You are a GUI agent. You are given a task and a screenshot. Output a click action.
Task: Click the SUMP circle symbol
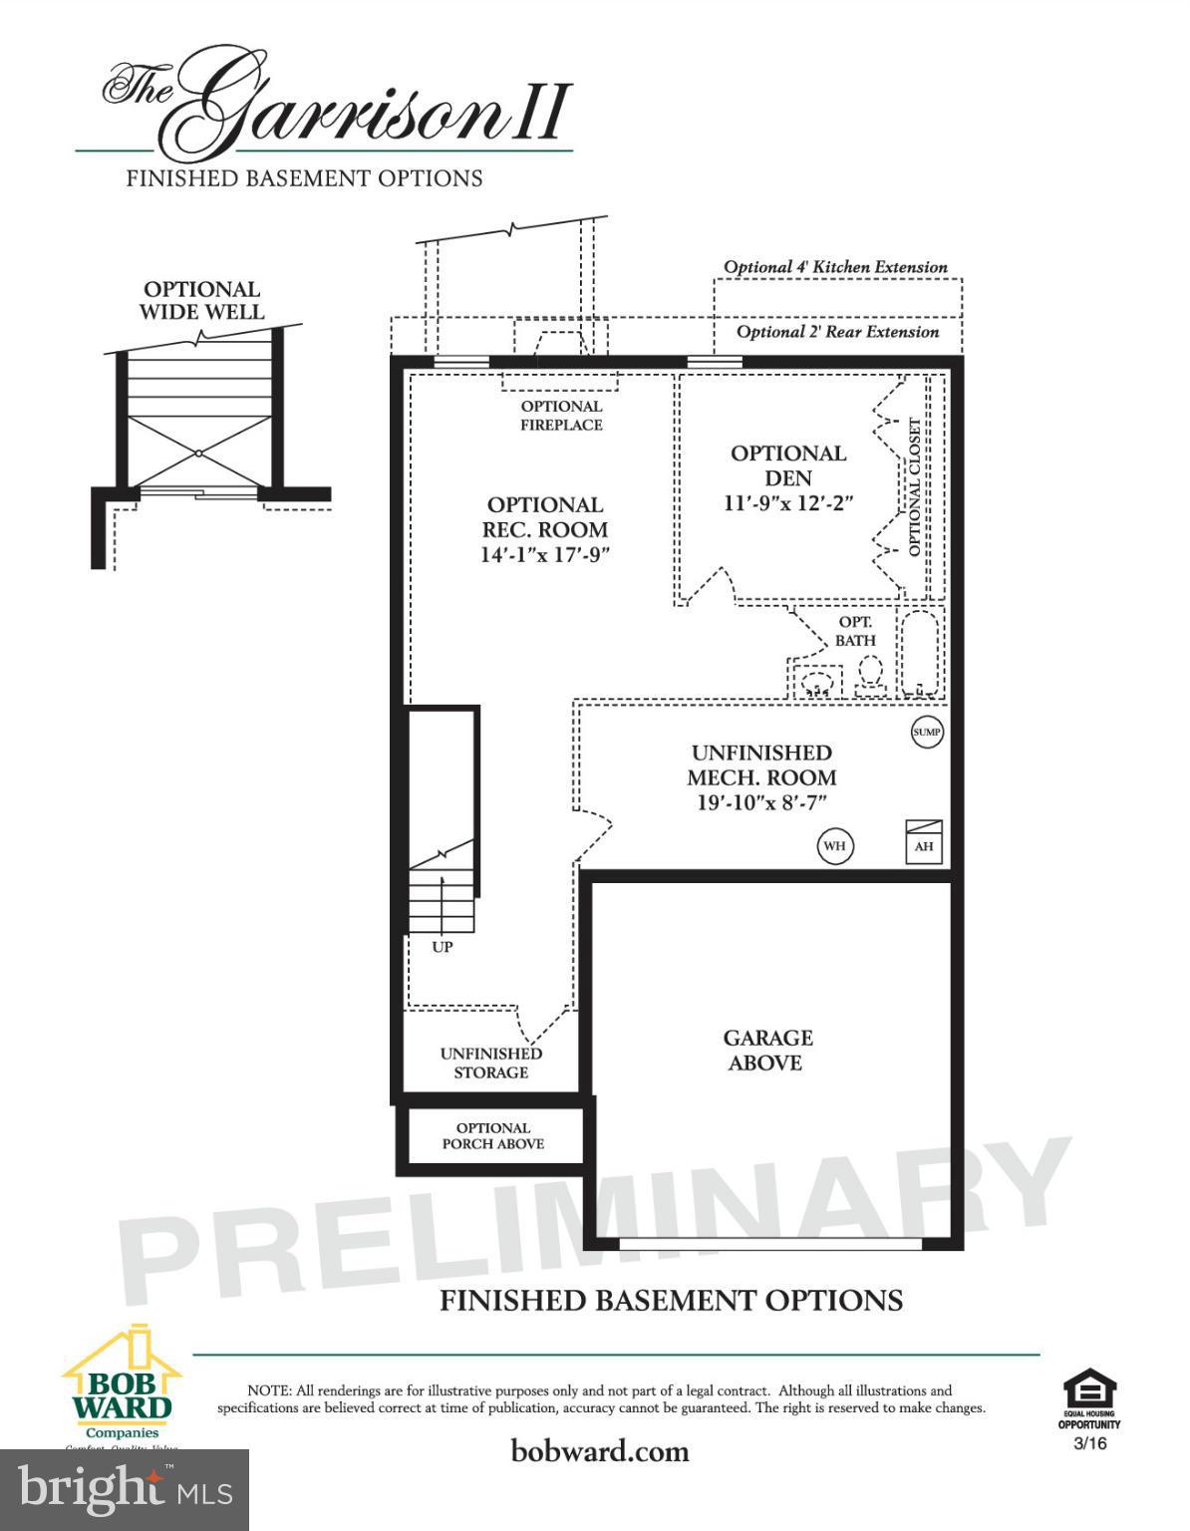pyautogui.click(x=927, y=733)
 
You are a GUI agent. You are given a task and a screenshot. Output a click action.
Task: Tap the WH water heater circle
pyautogui.click(x=835, y=846)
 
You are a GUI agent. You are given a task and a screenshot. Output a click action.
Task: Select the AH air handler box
pyautogui.click(x=923, y=842)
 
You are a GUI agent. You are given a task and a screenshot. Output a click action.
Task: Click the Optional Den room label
pyautogui.click(x=787, y=465)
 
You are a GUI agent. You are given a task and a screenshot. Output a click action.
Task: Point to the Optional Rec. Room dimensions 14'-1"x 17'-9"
pyautogui.click(x=545, y=555)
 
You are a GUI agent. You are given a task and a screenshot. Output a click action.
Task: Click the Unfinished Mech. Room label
pyautogui.click(x=762, y=765)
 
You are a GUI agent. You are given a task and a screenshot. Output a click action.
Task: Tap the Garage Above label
pyautogui.click(x=766, y=1051)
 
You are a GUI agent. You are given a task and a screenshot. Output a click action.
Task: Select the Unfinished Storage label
pyautogui.click(x=491, y=1063)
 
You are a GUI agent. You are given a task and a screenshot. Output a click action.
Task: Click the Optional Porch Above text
pyautogui.click(x=493, y=1136)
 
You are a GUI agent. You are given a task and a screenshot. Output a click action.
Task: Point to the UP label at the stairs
pyautogui.click(x=443, y=947)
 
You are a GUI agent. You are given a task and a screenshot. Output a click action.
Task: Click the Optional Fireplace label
pyautogui.click(x=561, y=416)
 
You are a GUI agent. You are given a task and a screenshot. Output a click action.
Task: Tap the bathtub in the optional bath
pyautogui.click(x=919, y=654)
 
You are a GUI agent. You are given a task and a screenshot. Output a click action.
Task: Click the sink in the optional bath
pyautogui.click(x=816, y=684)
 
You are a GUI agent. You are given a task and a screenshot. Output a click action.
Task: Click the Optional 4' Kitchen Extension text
pyautogui.click(x=835, y=267)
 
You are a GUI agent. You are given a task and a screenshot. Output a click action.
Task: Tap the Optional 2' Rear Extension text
pyautogui.click(x=837, y=332)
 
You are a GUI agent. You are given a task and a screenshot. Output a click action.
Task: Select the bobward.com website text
pyautogui.click(x=600, y=1450)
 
